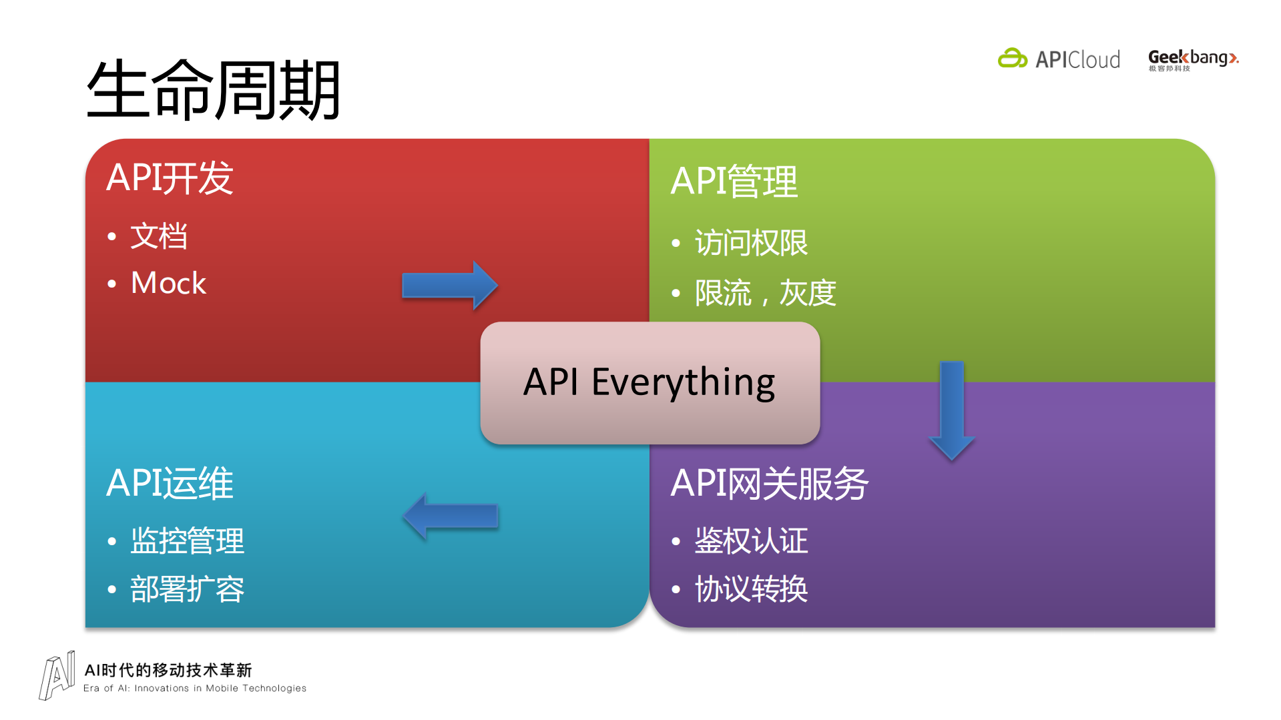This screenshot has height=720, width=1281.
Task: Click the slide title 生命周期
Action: point(214,90)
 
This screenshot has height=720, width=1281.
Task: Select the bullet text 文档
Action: point(159,236)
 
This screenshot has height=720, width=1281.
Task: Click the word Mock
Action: point(168,283)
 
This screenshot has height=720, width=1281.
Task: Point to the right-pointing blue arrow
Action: point(449,286)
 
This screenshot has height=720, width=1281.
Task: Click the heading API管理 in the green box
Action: point(734,182)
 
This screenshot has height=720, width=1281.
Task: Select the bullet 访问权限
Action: point(751,243)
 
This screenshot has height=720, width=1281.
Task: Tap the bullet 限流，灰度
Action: point(765,293)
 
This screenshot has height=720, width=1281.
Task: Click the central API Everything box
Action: point(650,382)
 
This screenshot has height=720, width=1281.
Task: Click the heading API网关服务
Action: point(769,483)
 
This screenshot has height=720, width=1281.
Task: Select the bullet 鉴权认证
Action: point(751,541)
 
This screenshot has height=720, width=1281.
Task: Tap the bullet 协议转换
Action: point(751,589)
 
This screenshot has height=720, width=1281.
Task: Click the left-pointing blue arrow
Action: point(451,516)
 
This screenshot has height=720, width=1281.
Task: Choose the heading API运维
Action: point(170,483)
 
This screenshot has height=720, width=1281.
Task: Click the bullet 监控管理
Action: point(187,541)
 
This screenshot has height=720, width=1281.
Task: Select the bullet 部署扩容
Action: point(187,589)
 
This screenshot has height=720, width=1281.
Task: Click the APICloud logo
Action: point(1059,59)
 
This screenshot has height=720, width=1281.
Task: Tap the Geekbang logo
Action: point(1193,59)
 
